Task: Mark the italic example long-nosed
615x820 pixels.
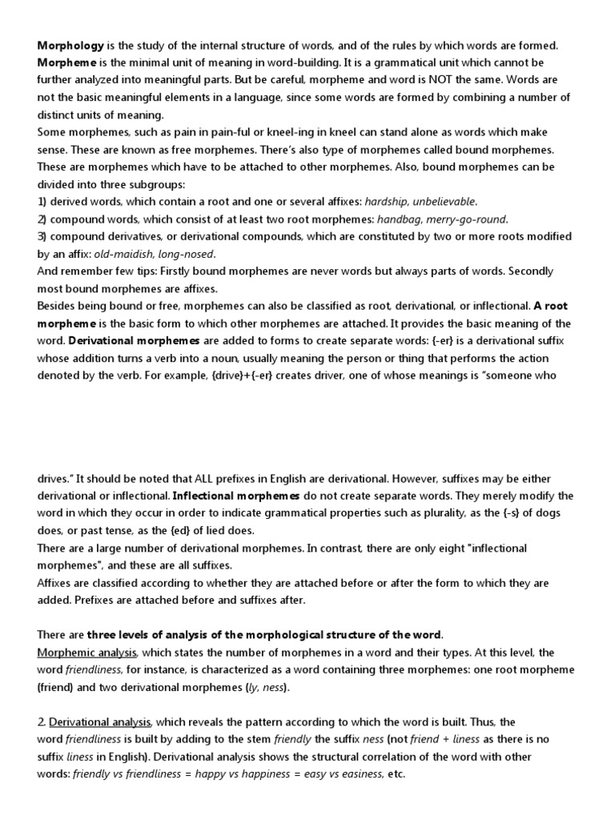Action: tap(193, 254)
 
